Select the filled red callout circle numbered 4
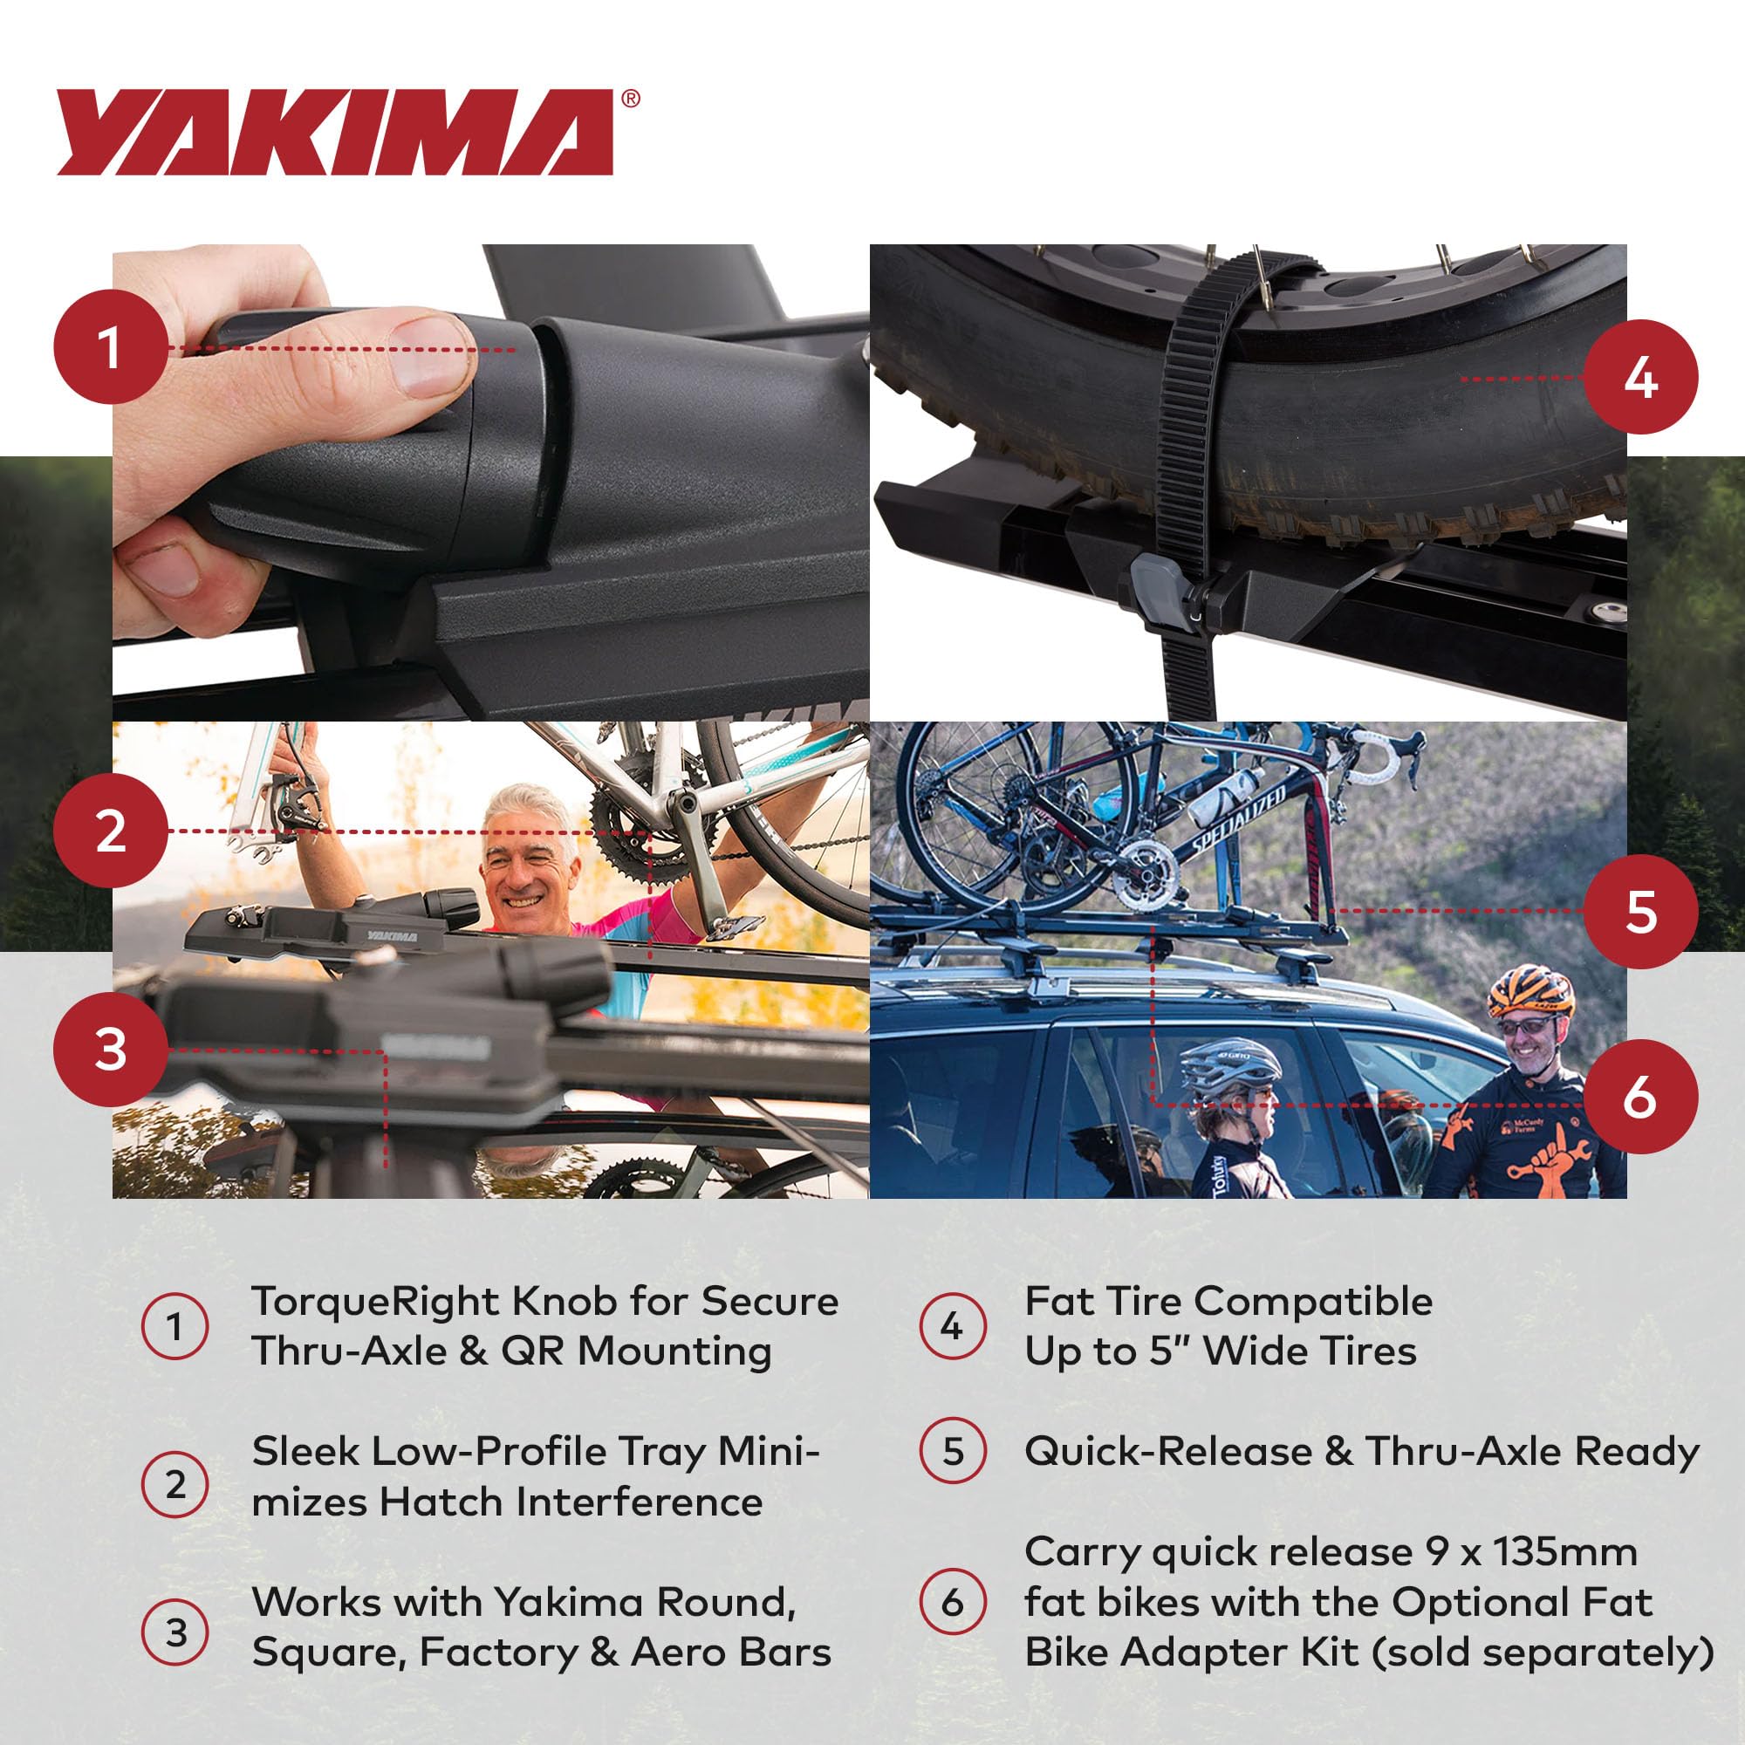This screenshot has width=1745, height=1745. (x=1640, y=377)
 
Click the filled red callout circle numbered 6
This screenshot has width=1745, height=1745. (x=1639, y=1097)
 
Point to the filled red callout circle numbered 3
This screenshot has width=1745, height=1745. (x=111, y=1049)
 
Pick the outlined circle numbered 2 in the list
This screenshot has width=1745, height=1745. (x=175, y=1485)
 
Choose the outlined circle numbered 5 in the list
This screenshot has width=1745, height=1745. (x=952, y=1452)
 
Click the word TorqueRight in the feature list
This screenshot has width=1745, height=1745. (x=374, y=1302)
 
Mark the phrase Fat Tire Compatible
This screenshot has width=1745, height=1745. (x=1228, y=1302)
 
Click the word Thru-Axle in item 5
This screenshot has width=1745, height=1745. (x=1463, y=1452)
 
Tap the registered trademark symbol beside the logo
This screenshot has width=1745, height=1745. (x=631, y=99)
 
